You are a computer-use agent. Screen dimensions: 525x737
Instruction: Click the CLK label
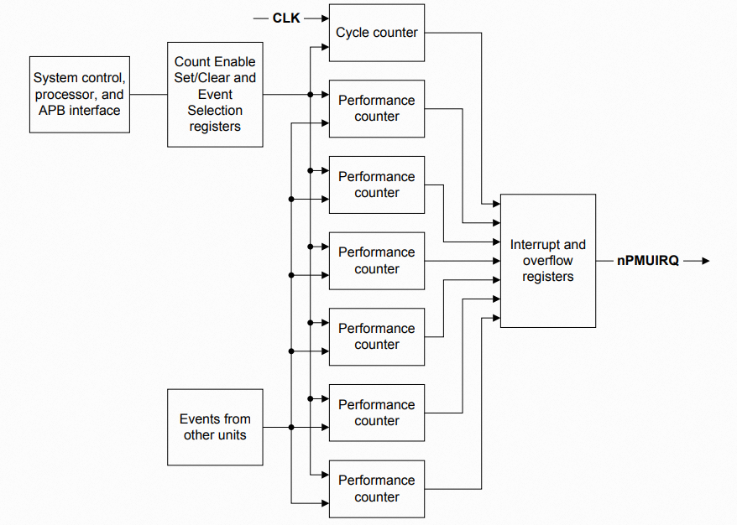click(x=286, y=18)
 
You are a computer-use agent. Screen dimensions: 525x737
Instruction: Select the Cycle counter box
click(x=377, y=33)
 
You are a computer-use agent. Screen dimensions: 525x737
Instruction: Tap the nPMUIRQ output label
click(x=647, y=261)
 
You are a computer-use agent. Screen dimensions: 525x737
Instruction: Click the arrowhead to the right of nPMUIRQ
click(x=704, y=261)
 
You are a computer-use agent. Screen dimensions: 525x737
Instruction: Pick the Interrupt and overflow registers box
click(x=547, y=261)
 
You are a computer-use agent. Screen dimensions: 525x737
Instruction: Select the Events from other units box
click(x=215, y=427)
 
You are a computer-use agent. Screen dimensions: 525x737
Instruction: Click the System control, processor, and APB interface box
click(x=80, y=94)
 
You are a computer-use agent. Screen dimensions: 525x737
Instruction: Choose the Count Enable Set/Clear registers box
click(x=215, y=94)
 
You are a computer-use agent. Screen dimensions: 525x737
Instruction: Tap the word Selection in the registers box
click(x=215, y=110)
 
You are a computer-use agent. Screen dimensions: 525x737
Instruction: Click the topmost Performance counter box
click(x=377, y=108)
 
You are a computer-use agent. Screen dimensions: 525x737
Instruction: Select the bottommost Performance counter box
click(x=377, y=488)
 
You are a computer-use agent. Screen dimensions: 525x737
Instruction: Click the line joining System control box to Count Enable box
click(x=149, y=94)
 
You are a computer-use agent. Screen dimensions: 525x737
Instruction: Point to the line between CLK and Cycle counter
click(x=315, y=18)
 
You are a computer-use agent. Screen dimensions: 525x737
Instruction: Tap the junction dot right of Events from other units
click(x=291, y=427)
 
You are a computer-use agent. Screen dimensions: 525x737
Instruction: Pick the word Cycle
click(x=353, y=33)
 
